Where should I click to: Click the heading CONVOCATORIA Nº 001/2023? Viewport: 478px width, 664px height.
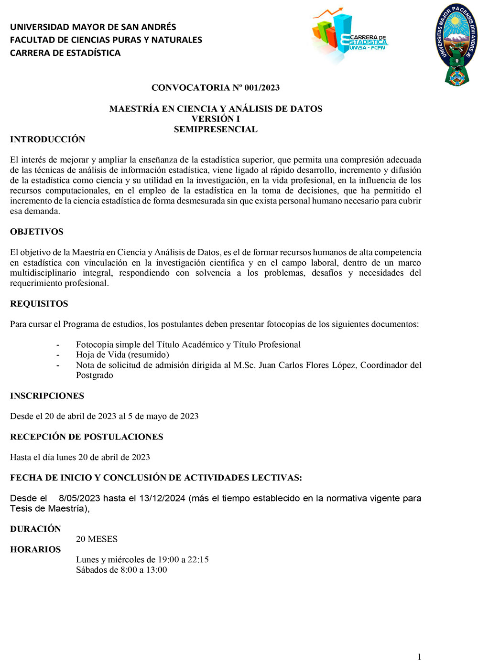[216, 87]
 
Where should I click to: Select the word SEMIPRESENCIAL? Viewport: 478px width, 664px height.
[216, 129]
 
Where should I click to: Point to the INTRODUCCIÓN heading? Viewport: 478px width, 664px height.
[48, 139]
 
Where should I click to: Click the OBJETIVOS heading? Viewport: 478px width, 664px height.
[37, 232]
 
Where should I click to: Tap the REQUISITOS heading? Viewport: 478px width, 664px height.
[39, 304]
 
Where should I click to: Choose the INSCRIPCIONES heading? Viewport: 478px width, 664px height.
[47, 396]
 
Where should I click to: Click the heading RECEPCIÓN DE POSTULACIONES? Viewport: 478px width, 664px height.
[87, 437]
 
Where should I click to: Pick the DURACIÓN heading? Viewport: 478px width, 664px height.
[36, 529]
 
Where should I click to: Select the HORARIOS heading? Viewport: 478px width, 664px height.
[36, 549]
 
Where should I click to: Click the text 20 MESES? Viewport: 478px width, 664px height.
[97, 539]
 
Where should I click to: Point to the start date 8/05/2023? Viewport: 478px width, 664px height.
[79, 498]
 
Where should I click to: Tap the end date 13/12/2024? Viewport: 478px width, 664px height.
[162, 498]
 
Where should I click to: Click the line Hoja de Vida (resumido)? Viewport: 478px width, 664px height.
[122, 354]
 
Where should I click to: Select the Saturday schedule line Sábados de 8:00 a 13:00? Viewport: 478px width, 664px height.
[121, 569]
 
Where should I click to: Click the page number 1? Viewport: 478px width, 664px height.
[419, 656]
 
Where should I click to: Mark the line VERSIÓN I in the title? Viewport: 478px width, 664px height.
[216, 118]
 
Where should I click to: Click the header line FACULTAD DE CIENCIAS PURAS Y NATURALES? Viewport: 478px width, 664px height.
[106, 40]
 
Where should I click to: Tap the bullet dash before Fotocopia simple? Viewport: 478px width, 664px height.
[58, 344]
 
